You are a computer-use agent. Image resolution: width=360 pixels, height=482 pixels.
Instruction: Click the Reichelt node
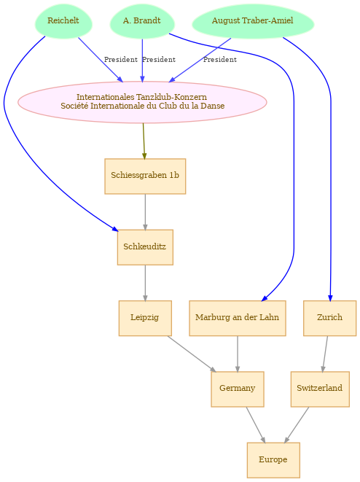point(63,21)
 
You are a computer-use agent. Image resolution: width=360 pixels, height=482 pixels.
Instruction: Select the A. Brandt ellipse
point(142,21)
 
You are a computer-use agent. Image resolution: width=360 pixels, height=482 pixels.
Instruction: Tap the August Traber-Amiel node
point(253,21)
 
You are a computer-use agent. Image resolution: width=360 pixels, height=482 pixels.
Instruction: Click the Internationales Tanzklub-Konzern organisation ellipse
point(142,102)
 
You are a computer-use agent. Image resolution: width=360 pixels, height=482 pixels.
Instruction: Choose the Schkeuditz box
point(145,247)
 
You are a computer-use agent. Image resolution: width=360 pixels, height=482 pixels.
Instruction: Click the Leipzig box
point(145,318)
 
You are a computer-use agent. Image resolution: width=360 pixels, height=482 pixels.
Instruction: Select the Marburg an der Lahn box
point(238,318)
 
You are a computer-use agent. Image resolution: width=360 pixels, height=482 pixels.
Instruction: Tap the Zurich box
point(330,318)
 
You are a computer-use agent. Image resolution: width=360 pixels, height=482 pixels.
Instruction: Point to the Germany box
point(238,389)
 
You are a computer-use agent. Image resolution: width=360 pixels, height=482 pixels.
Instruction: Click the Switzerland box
point(320,389)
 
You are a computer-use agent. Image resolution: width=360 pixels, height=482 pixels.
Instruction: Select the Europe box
point(273,460)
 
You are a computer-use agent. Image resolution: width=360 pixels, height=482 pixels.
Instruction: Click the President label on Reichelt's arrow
point(121,60)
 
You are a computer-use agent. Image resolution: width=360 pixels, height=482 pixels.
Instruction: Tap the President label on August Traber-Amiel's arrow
point(220,60)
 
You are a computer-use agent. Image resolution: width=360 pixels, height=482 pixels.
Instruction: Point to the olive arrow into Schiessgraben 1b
point(144,141)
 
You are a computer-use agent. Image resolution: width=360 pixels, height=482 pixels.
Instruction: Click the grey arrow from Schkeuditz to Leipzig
point(145,283)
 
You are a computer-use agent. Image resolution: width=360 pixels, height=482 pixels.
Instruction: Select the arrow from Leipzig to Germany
point(192,354)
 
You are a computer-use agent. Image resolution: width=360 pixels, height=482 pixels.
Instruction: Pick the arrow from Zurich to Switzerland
point(325,354)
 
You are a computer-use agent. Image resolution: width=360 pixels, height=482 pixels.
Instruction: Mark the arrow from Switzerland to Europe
point(297,425)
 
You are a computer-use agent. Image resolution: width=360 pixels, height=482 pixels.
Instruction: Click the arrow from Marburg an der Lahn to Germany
point(238,354)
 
